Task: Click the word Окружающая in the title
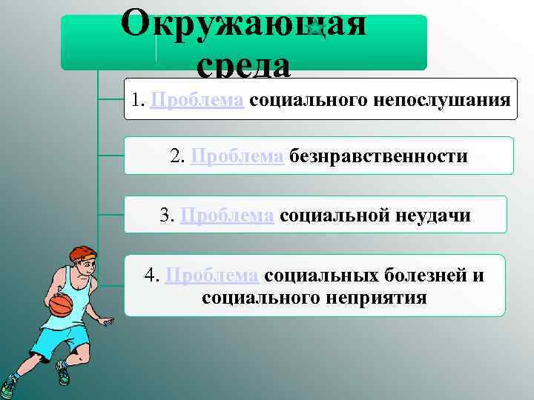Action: click(x=243, y=24)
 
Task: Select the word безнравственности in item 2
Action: click(x=378, y=157)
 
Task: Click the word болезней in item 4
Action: click(x=424, y=276)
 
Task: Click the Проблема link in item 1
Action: click(x=197, y=100)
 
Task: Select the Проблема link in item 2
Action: click(x=237, y=157)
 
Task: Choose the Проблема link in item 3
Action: click(x=227, y=216)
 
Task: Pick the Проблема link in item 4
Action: click(x=212, y=276)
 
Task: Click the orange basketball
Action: click(x=61, y=304)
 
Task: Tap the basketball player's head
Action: click(x=79, y=261)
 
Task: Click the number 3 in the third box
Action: click(x=165, y=216)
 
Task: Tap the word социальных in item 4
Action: click(x=321, y=276)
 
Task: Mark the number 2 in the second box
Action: click(x=176, y=157)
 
